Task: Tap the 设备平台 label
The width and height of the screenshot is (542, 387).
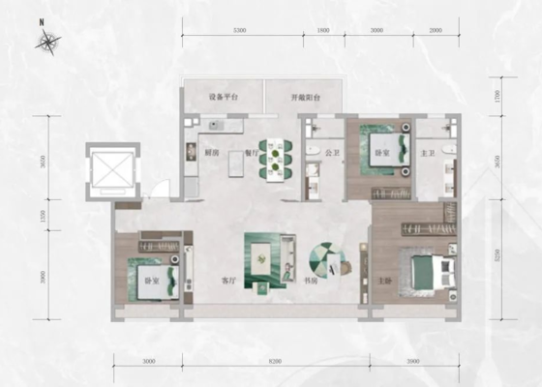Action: (x=223, y=98)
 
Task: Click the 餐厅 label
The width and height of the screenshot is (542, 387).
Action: (x=250, y=153)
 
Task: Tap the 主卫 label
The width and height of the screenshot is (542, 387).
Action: (x=429, y=153)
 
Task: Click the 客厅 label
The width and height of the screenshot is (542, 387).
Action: (x=228, y=282)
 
